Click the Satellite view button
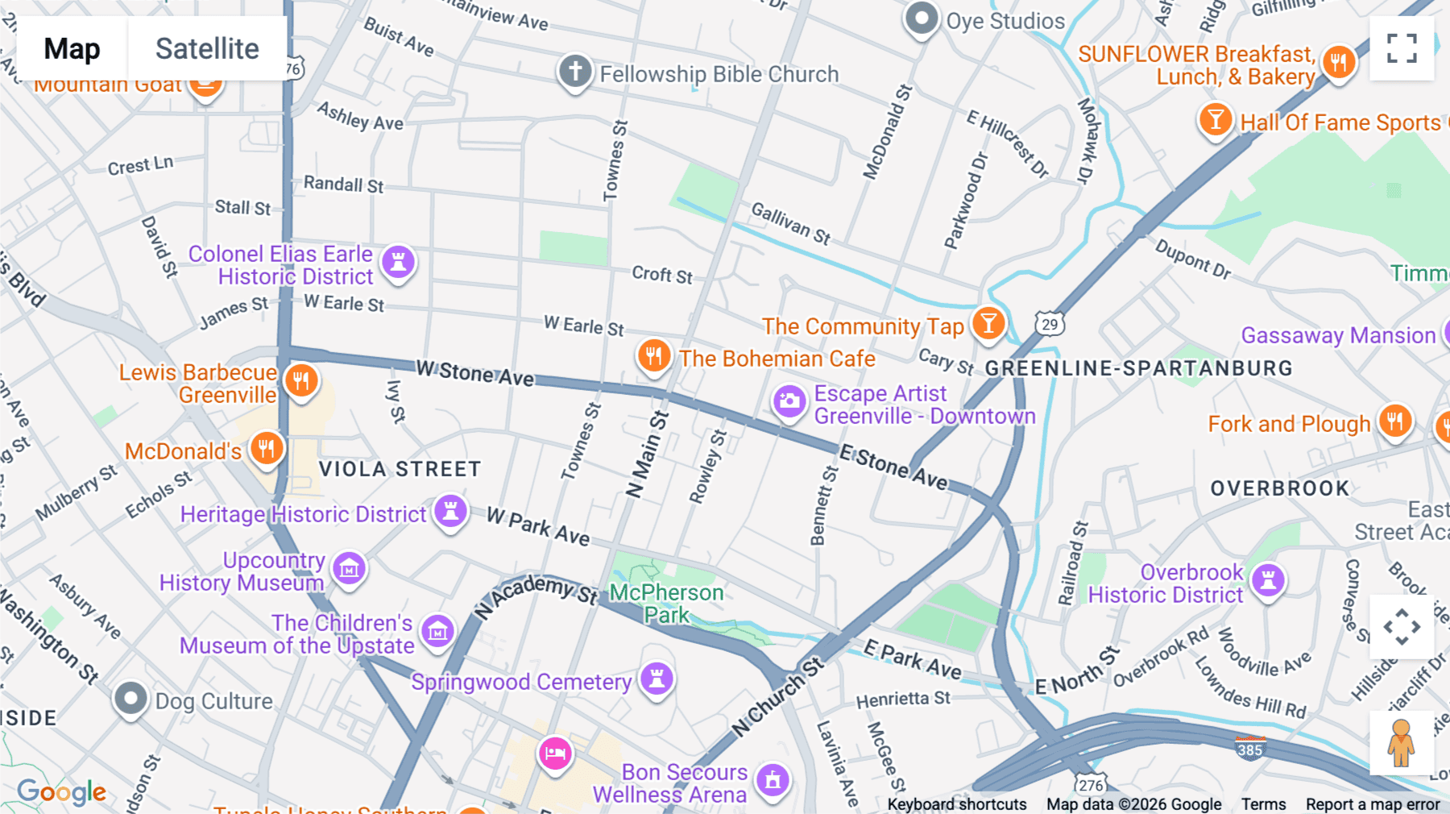(207, 48)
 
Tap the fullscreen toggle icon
(1402, 48)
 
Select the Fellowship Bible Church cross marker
(575, 72)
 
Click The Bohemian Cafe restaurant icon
(654, 355)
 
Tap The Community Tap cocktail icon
(988, 323)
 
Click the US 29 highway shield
(1050, 324)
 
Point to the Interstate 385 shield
(1249, 749)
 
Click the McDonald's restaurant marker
(267, 448)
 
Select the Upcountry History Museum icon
(349, 569)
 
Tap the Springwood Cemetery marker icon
(657, 679)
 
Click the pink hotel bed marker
(555, 754)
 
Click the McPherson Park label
(666, 604)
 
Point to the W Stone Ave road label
(474, 373)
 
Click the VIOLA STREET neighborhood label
(400, 469)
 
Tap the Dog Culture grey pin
(130, 698)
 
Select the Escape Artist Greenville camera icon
(789, 401)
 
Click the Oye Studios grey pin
(922, 18)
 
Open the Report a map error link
(1372, 804)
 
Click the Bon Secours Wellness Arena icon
(773, 779)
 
